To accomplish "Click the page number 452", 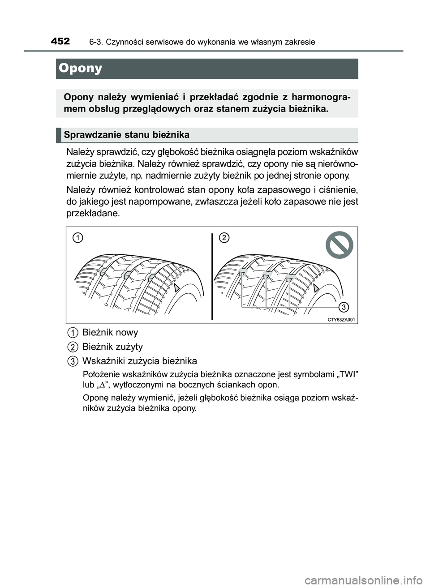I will pyautogui.click(x=60, y=42).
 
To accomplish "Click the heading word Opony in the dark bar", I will pyautogui.click(x=81, y=69).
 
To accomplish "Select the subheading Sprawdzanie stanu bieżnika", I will pyautogui.click(x=127, y=135).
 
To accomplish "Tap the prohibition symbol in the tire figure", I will pyautogui.click(x=340, y=245).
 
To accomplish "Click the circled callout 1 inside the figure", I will pyautogui.click(x=78, y=238).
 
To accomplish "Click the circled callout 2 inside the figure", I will pyautogui.click(x=224, y=238).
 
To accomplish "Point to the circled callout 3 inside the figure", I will pyautogui.click(x=344, y=307).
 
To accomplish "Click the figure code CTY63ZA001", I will pyautogui.click(x=341, y=319).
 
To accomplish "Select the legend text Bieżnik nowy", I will pyautogui.click(x=110, y=332).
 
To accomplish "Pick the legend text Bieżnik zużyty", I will pyautogui.click(x=112, y=347).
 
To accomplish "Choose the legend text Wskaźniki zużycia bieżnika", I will pyautogui.click(x=139, y=361).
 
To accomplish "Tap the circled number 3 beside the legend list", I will pyautogui.click(x=72, y=361).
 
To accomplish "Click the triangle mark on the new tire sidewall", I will pyautogui.click(x=177, y=288).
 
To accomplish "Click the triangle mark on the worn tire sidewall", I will pyautogui.click(x=316, y=288).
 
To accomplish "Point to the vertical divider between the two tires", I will pyautogui.click(x=212, y=275).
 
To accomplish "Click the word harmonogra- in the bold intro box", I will pyautogui.click(x=321, y=98).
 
